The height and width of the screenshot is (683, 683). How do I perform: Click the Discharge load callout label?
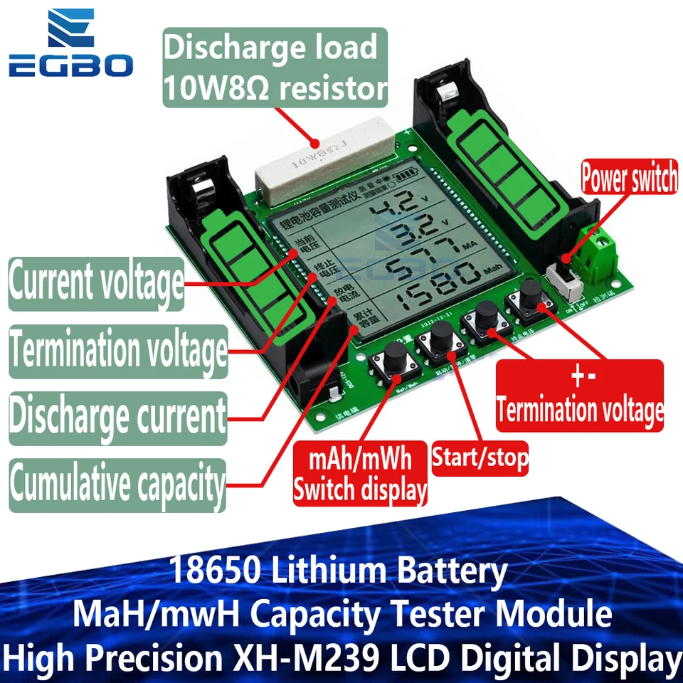tap(275, 68)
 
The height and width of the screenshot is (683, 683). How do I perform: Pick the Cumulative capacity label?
tap(117, 485)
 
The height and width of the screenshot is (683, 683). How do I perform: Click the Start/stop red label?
tap(480, 460)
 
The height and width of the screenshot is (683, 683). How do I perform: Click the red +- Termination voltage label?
tap(580, 396)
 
